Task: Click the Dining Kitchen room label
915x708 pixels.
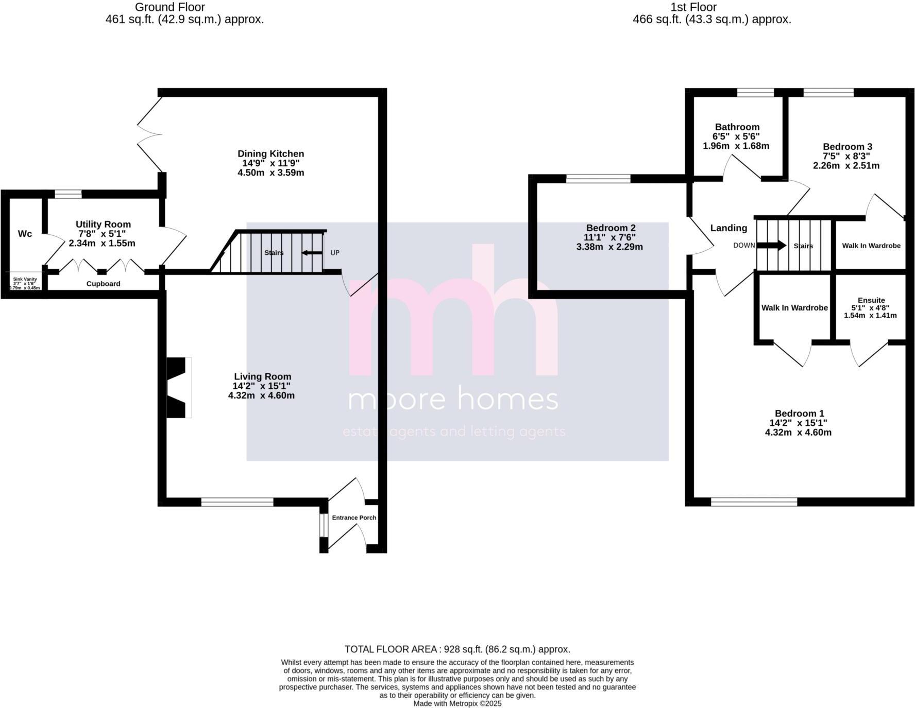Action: [x=270, y=153]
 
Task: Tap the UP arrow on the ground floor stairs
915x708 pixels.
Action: [x=312, y=253]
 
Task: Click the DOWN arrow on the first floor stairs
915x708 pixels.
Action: [x=771, y=246]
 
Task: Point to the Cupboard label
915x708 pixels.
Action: [x=103, y=284]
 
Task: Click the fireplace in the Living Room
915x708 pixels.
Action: [x=178, y=387]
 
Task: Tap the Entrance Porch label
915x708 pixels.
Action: [x=354, y=517]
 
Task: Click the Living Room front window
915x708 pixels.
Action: [x=237, y=502]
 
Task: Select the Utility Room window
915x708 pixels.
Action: [x=68, y=194]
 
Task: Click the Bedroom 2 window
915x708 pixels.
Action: [x=598, y=179]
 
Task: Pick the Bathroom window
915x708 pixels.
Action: [x=755, y=93]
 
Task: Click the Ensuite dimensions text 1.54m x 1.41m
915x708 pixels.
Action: [x=870, y=315]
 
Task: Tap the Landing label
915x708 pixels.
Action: [x=728, y=228]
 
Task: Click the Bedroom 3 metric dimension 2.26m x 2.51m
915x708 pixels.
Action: [x=846, y=166]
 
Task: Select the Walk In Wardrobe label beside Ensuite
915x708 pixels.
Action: [x=794, y=308]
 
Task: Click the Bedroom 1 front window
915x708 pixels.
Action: [x=754, y=502]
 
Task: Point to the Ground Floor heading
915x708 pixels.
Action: [x=170, y=7]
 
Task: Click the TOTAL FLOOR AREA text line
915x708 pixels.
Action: [x=457, y=649]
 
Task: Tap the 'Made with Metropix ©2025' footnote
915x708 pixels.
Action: [x=457, y=703]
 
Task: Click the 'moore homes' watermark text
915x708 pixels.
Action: [x=453, y=400]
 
